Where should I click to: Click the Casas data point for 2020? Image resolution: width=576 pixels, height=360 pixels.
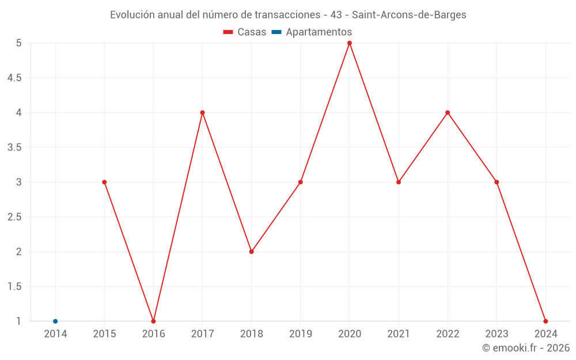point(350,43)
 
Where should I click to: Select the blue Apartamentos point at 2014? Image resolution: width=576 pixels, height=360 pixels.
point(55,321)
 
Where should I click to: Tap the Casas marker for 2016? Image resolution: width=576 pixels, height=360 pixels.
point(153,321)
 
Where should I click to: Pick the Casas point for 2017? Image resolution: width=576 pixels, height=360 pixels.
point(202,112)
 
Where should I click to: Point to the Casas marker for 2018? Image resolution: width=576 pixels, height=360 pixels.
point(252,252)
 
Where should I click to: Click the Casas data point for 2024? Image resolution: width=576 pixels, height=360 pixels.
point(545,321)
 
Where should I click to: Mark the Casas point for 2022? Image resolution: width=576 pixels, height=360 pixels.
point(448,112)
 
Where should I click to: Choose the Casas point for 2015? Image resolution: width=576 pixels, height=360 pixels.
point(104,182)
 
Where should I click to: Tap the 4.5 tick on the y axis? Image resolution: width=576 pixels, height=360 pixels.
point(14,78)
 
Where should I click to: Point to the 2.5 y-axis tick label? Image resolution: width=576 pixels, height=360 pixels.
point(14,217)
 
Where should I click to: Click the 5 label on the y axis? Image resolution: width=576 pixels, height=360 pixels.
point(18,43)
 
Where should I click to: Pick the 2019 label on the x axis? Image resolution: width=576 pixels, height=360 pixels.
point(301,334)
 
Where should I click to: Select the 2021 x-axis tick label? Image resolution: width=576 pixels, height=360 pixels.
point(399,334)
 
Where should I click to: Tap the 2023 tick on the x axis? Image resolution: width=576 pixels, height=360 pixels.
point(497,334)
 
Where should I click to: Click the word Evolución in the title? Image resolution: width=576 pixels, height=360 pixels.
point(132,15)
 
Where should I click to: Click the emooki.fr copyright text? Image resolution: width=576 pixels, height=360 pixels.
point(526,348)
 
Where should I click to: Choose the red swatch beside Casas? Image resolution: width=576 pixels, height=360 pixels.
point(228,32)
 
